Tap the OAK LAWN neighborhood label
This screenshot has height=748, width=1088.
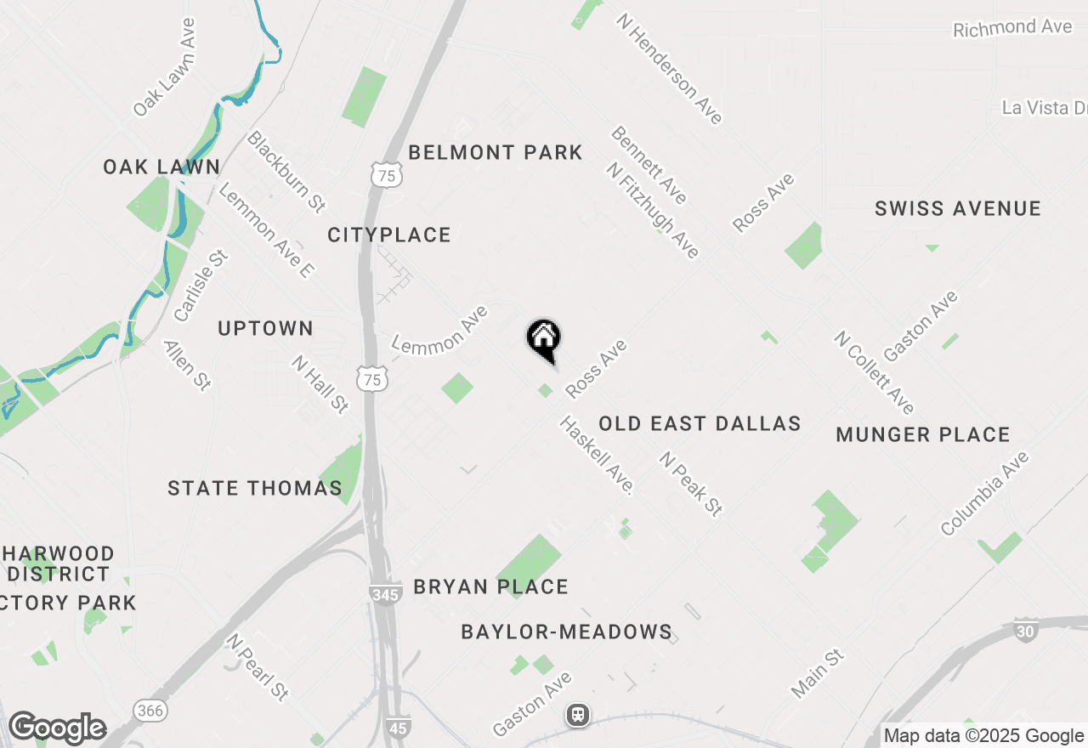pos(161,167)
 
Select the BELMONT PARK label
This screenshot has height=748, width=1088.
pos(496,153)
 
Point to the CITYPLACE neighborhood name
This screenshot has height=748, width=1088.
pos(389,235)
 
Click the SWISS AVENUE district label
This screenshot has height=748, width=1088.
pos(958,209)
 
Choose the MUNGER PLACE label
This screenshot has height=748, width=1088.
pos(923,435)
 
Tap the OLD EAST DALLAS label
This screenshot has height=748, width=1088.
pos(700,424)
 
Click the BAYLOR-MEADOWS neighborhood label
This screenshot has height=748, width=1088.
pos(567,632)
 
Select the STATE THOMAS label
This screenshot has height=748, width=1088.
pos(255,488)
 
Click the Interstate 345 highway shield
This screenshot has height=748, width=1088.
pos(385,593)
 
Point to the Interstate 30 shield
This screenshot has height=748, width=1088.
pos(1025,631)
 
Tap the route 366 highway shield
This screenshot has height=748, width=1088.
pos(150,710)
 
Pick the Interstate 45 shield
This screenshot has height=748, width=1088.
pos(399,727)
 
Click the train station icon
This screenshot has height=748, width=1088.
pos(579,715)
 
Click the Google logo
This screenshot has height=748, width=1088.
pos(57,728)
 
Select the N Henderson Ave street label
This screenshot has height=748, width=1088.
pos(670,68)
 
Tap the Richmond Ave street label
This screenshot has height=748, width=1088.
pos(1012,28)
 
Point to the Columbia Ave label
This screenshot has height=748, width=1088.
pos(985,494)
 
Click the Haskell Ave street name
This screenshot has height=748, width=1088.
pos(597,456)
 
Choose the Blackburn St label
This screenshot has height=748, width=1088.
pos(286,171)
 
